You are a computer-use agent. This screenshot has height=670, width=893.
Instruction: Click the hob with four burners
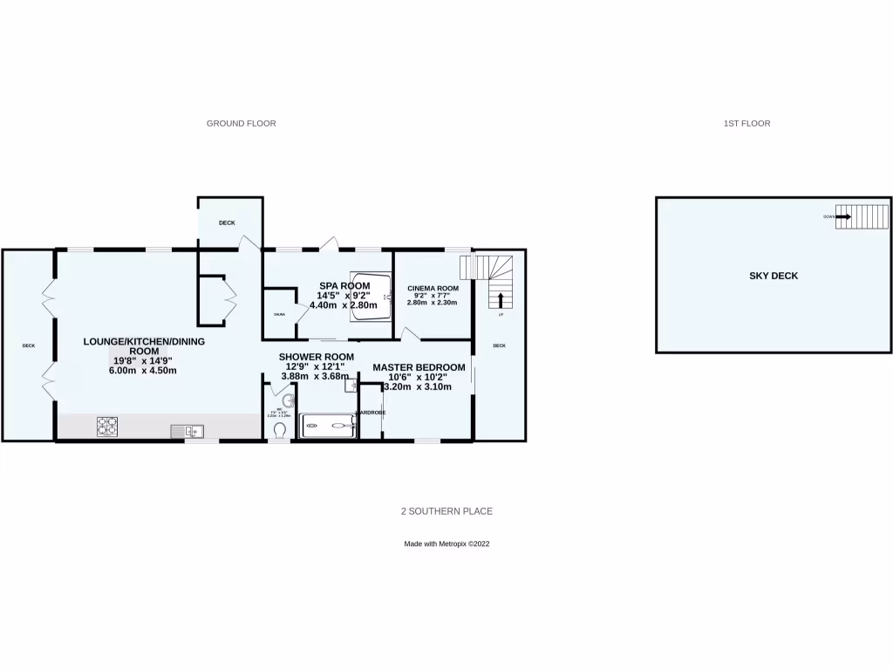[107, 427]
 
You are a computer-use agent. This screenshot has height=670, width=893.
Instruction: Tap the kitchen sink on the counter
[188, 428]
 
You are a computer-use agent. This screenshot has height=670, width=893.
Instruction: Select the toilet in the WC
[280, 429]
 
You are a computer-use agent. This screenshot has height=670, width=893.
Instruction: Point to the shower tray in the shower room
[328, 427]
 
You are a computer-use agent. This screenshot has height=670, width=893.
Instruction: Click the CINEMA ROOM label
[433, 289]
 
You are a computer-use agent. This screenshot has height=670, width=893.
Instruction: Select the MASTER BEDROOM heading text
[419, 367]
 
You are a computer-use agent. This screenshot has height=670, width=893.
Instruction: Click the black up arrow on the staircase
[501, 301]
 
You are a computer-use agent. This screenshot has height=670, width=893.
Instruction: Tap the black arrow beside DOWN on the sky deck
[842, 216]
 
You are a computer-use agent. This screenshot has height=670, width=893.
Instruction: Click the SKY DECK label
[774, 276]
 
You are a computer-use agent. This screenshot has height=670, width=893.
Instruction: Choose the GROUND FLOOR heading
[241, 124]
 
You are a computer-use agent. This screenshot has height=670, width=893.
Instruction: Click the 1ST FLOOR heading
[746, 124]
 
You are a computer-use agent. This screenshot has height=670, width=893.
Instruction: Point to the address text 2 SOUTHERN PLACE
[446, 511]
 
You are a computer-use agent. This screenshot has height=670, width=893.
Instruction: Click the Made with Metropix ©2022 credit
[446, 544]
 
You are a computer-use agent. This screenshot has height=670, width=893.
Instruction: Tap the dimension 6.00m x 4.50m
[143, 370]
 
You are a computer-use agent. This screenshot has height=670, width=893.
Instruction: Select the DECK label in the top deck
[227, 223]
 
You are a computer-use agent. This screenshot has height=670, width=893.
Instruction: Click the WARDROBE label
[370, 413]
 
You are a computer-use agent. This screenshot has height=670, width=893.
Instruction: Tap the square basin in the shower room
[350, 385]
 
